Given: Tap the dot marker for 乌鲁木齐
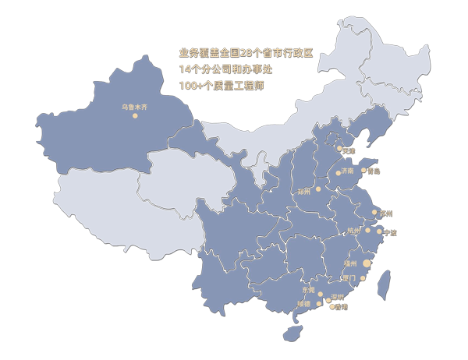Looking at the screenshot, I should tap(134, 116).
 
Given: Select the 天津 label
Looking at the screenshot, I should tap(348, 150).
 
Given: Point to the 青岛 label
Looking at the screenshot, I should tap(374, 171).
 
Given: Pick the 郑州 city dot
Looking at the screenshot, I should tap(318, 189).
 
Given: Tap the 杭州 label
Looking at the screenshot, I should tap(354, 231).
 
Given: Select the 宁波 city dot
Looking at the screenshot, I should tap(380, 231).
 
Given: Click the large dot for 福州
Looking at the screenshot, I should tap(367, 264).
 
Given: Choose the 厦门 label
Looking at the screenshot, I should tap(349, 277).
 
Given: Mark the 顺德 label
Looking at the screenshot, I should tap(304, 303).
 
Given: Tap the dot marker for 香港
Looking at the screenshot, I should tap(333, 306).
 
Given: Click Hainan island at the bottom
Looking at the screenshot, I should tap(293, 333).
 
